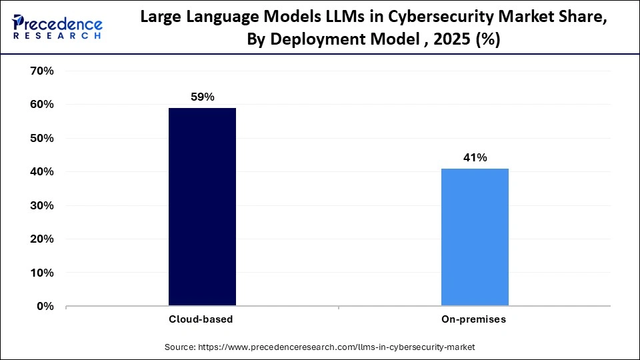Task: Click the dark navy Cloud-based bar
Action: [x=202, y=207]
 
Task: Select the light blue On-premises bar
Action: [x=475, y=237]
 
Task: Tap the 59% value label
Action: [x=202, y=97]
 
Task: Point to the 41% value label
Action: [x=475, y=157]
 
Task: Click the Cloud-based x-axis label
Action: [x=201, y=319]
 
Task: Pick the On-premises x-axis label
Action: [x=474, y=319]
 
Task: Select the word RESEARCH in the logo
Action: [x=57, y=35]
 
